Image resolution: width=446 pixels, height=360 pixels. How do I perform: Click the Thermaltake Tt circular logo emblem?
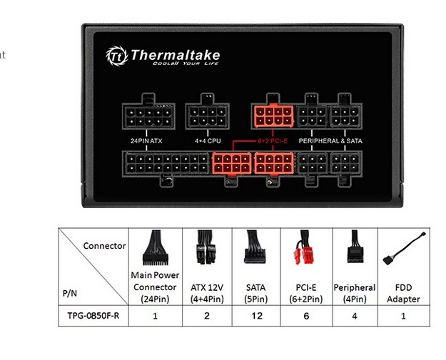pyautogui.click(x=117, y=56)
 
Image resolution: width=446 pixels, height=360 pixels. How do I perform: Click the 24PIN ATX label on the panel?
pyautogui.click(x=146, y=140)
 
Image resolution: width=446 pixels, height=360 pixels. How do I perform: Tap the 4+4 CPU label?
pyautogui.click(x=208, y=140)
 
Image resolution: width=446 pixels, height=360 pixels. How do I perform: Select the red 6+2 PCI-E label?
pyautogui.click(x=273, y=140)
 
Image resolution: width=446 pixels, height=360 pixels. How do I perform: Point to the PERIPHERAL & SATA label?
pyautogui.click(x=330, y=140)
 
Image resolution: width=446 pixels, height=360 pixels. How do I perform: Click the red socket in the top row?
pyautogui.click(x=273, y=116)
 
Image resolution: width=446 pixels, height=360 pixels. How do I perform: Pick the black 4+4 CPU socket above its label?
pyautogui.click(x=208, y=116)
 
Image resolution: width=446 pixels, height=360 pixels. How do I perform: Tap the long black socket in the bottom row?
pyautogui.click(x=167, y=163)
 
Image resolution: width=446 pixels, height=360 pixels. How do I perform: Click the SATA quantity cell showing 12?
pyautogui.click(x=257, y=316)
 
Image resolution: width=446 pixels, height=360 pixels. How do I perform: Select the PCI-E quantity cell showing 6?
pyautogui.click(x=306, y=316)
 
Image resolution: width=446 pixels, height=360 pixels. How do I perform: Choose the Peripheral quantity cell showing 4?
pyautogui.click(x=355, y=316)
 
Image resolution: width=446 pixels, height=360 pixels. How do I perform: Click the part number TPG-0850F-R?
pyautogui.click(x=93, y=316)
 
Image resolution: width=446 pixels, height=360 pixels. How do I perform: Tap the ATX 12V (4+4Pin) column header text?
pyautogui.click(x=207, y=293)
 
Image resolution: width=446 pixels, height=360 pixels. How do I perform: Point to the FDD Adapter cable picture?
pyautogui.click(x=404, y=248)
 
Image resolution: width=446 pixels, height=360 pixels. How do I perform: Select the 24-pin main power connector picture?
pyautogui.click(x=156, y=247)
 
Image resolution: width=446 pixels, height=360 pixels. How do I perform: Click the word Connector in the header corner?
pyautogui.click(x=104, y=246)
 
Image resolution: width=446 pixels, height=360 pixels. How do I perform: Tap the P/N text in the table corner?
pyautogui.click(x=70, y=293)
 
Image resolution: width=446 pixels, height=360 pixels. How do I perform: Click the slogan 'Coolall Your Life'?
pyautogui.click(x=186, y=63)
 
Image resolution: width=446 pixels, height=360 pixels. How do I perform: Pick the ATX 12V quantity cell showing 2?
pyautogui.click(x=207, y=316)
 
